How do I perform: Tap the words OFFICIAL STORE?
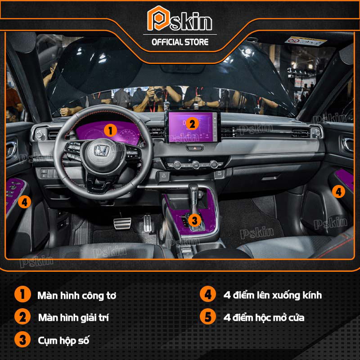point(180,42)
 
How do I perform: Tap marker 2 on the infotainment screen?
point(191,124)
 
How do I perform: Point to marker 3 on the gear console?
point(193,220)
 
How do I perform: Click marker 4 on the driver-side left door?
point(25,202)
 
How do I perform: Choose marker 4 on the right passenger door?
point(338,192)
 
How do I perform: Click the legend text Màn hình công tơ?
point(77,296)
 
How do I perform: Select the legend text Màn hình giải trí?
point(73,318)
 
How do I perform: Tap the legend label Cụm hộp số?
point(63,340)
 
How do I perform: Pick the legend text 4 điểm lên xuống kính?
point(272,296)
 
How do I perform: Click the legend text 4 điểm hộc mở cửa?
point(264,318)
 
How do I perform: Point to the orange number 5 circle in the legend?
point(207,317)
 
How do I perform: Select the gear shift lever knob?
point(193,189)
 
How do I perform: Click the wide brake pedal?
point(122,224)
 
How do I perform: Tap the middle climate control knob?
point(196,165)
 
